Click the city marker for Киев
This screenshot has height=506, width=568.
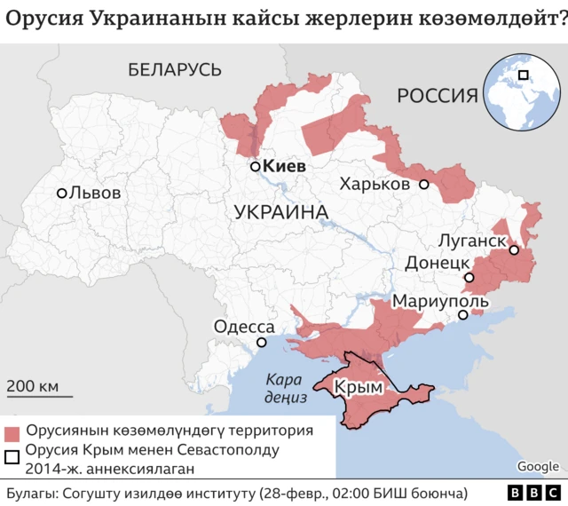(x=255, y=166)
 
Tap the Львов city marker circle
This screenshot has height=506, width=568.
(x=61, y=193)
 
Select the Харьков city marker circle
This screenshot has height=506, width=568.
(x=424, y=185)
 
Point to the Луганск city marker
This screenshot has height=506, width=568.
(x=514, y=250)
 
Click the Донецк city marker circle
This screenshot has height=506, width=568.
(x=469, y=278)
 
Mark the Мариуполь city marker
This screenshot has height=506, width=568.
(x=462, y=315)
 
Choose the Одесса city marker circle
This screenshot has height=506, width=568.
(x=262, y=343)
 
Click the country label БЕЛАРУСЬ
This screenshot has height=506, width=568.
(x=174, y=69)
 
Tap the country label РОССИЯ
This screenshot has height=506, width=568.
(x=438, y=95)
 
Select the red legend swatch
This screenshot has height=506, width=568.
(x=12, y=433)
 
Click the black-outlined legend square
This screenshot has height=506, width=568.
(x=12, y=458)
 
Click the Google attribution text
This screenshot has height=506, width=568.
(x=538, y=467)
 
